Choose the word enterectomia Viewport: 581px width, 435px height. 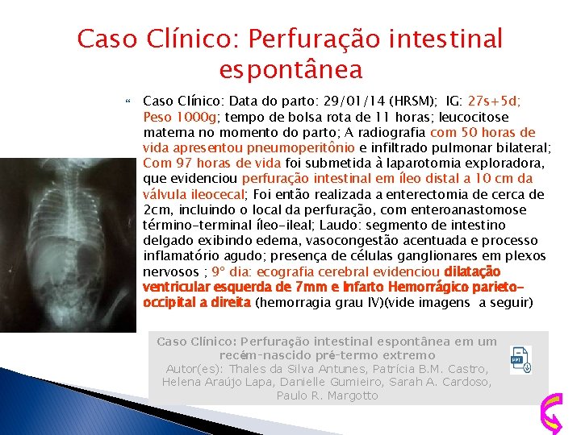click(436, 195)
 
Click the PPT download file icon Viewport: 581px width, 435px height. click(521, 359)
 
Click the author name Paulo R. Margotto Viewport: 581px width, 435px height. click(328, 396)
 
